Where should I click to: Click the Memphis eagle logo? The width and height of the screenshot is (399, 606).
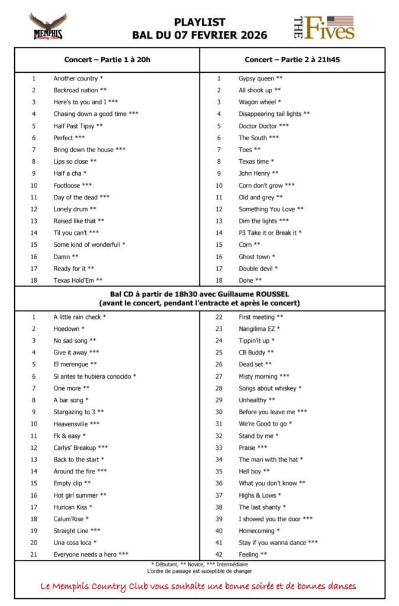click(48, 27)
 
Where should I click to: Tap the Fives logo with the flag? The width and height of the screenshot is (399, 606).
click(324, 27)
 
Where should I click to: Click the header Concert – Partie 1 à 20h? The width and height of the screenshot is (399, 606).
click(107, 60)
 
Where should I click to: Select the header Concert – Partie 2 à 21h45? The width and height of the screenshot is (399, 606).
click(292, 60)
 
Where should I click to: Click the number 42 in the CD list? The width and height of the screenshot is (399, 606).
click(218, 555)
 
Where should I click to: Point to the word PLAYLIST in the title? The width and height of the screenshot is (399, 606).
click(199, 22)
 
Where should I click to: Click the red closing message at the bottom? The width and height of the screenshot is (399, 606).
click(199, 586)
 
